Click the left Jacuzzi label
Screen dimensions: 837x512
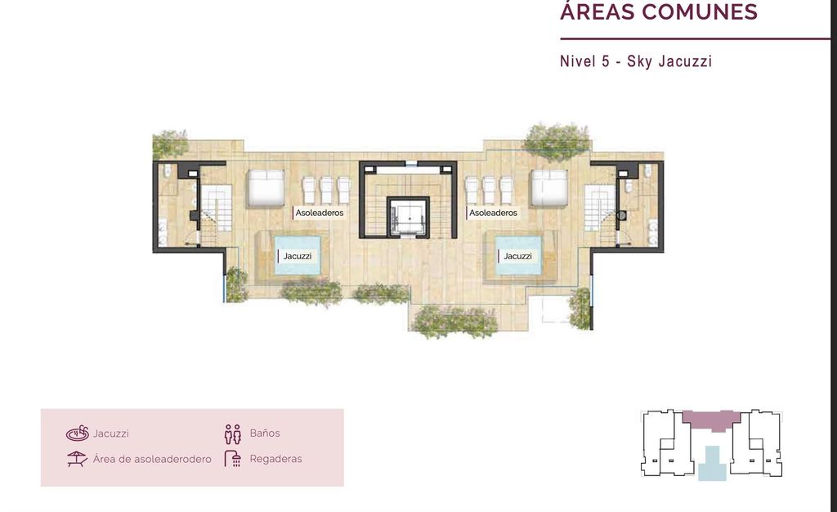pos(298,256)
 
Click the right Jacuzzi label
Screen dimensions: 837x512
pos(517,256)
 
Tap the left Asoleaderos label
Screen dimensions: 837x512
pos(320,213)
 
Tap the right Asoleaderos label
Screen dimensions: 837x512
pos(493,213)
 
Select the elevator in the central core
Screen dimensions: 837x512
pos(409,216)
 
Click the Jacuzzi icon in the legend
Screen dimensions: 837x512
pos(78,433)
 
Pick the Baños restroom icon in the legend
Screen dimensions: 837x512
pos(233,434)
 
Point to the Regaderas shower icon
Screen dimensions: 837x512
pos(233,459)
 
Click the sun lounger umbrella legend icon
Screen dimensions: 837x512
pos(77,459)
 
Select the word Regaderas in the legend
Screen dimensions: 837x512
pos(276,459)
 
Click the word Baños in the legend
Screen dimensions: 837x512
pos(265,433)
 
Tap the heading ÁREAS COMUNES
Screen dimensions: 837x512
pos(659,11)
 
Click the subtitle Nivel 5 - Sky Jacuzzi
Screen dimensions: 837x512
pos(636,61)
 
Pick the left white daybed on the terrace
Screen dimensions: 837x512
pos(266,188)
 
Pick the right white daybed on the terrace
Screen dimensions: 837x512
pos(548,188)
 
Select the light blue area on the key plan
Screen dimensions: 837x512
pos(712,464)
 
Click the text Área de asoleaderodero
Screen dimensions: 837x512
pos(152,459)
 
